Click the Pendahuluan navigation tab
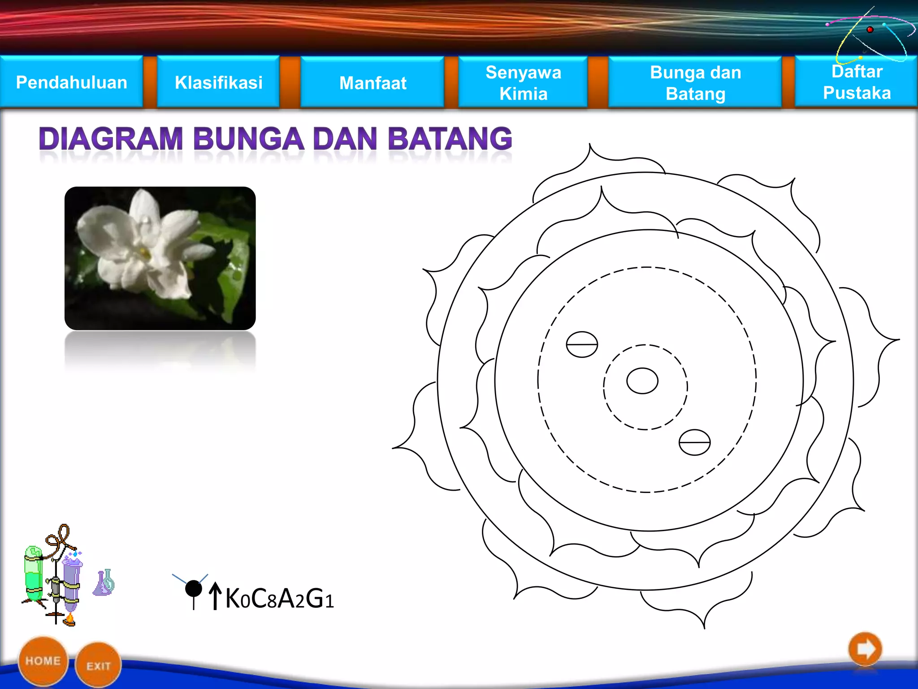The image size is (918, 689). [72, 83]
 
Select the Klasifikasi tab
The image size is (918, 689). [218, 83]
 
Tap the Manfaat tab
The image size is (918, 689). [372, 83]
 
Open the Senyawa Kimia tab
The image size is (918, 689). [523, 83]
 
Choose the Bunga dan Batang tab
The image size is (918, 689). [695, 83]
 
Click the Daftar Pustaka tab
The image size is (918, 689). [857, 82]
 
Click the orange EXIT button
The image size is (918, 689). [98, 666]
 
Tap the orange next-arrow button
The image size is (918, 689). [865, 649]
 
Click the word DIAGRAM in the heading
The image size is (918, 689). [111, 139]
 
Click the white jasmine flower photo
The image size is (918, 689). [160, 258]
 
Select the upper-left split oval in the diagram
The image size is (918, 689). [582, 344]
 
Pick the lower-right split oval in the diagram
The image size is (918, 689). [694, 442]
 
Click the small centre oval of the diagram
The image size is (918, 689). [642, 381]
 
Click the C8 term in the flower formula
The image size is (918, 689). [264, 599]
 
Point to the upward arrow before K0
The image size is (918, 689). [215, 596]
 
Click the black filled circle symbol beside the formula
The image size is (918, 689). [194, 589]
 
